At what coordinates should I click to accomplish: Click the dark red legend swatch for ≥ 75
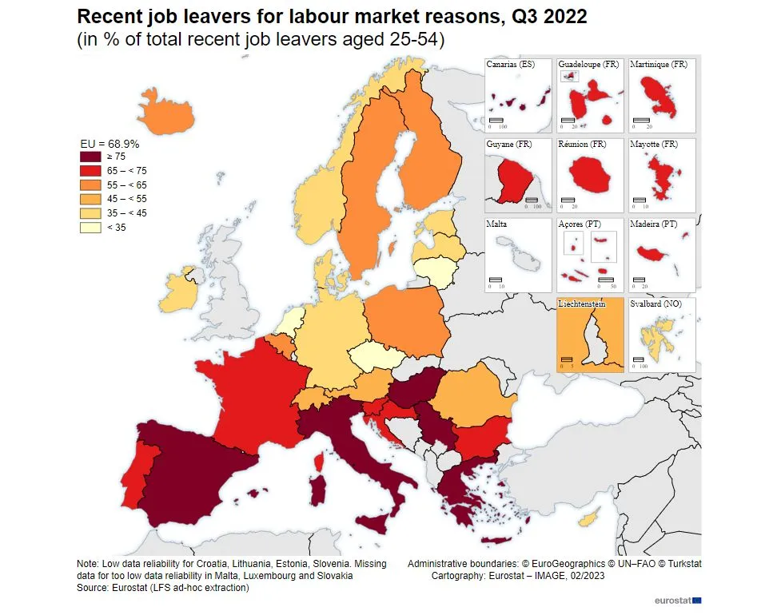pos(90,157)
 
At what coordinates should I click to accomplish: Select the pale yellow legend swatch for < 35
pos(90,228)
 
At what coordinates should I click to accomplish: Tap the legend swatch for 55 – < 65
pos(90,185)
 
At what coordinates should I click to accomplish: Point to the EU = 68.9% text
pos(110,144)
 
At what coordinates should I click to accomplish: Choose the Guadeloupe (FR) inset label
pos(587,64)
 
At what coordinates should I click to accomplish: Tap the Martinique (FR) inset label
pos(659,64)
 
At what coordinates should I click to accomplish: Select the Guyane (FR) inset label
pos(509,145)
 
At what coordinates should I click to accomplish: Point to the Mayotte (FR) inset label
pos(654,145)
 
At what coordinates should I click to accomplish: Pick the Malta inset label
pos(496,224)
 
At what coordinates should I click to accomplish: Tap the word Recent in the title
pos(111,16)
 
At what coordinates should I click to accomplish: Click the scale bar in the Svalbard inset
pos(639,359)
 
